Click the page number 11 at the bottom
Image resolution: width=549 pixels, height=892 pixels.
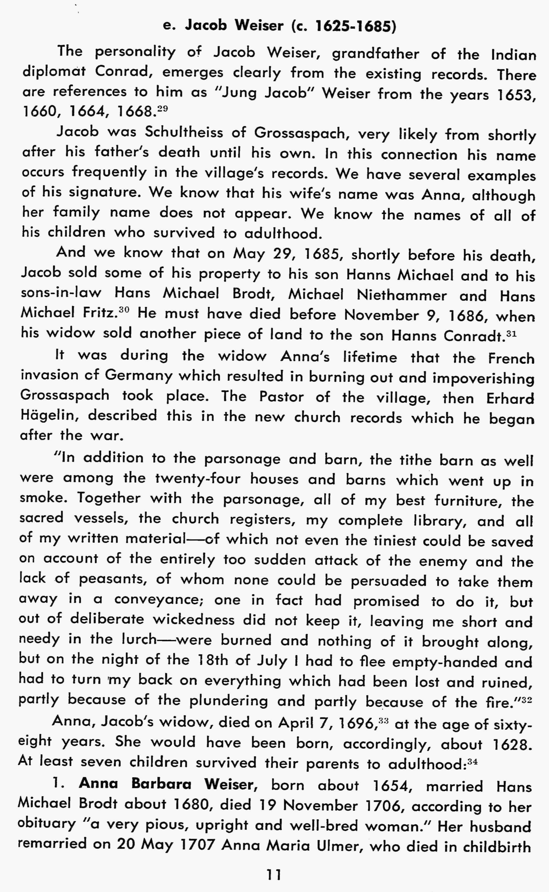pyautogui.click(x=274, y=875)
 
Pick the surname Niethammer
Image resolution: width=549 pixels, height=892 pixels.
pyautogui.click(x=402, y=295)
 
